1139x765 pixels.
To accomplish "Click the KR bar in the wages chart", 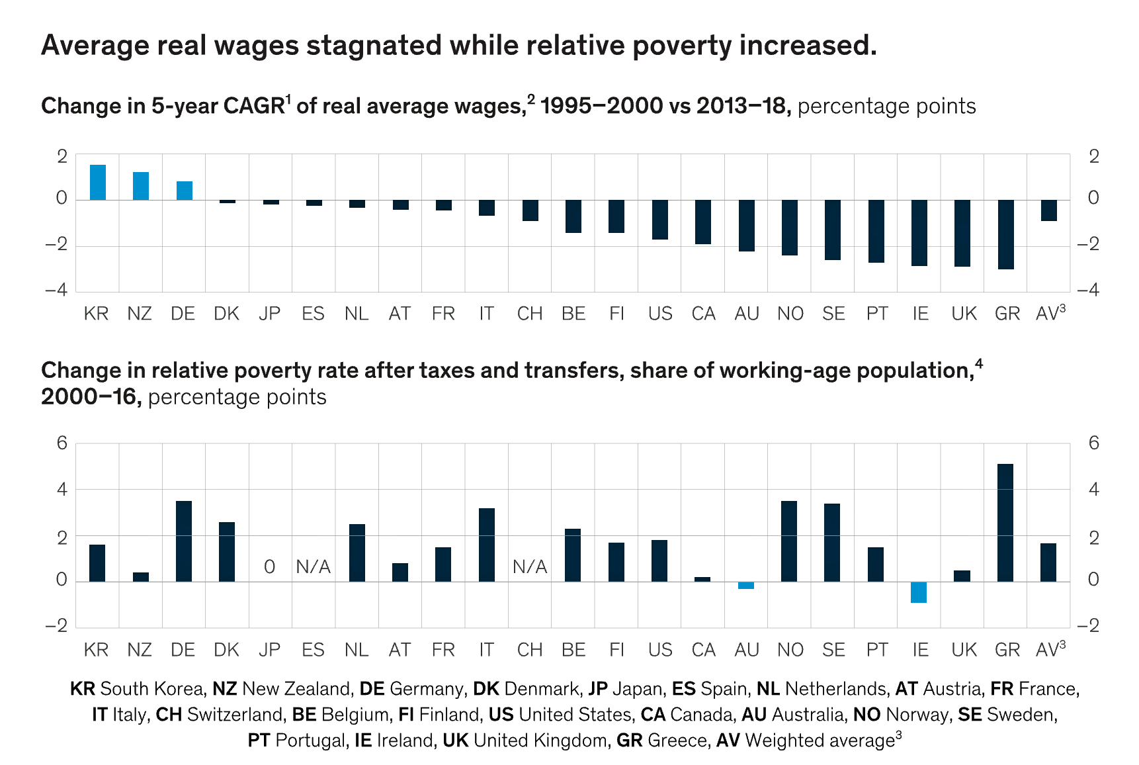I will (x=98, y=183).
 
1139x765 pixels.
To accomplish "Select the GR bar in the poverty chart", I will (x=1005, y=523).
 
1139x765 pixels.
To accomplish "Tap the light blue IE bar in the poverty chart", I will (x=919, y=592).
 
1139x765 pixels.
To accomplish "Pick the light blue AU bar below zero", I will (x=746, y=586).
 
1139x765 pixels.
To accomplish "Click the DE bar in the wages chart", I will (x=185, y=191).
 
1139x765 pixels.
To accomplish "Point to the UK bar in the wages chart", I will (x=962, y=233).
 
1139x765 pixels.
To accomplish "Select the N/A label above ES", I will (x=313, y=567).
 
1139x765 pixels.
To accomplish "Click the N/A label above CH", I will (x=530, y=567).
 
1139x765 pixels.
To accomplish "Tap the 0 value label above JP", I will (x=269, y=567).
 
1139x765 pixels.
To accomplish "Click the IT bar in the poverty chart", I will (x=487, y=545).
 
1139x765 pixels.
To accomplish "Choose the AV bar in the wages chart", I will (x=1048, y=210).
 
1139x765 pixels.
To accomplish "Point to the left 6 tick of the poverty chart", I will (x=62, y=443).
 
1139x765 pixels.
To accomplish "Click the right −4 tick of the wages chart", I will (x=1088, y=291).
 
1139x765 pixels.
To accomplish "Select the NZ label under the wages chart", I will (x=140, y=314).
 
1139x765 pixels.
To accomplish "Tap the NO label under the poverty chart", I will (x=790, y=650).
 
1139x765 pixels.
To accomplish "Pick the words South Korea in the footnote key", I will (x=151, y=689).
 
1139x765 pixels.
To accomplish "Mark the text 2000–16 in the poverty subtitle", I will (x=91, y=397).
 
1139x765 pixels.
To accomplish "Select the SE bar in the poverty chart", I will (x=832, y=543).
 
